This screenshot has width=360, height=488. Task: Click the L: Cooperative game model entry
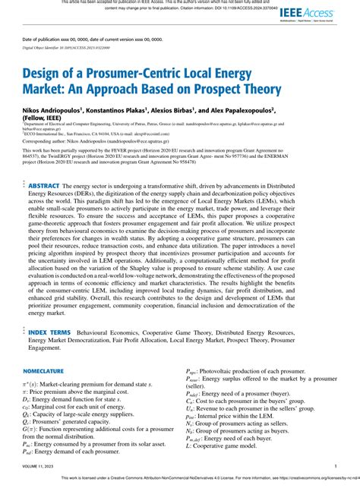(x=219, y=447)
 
